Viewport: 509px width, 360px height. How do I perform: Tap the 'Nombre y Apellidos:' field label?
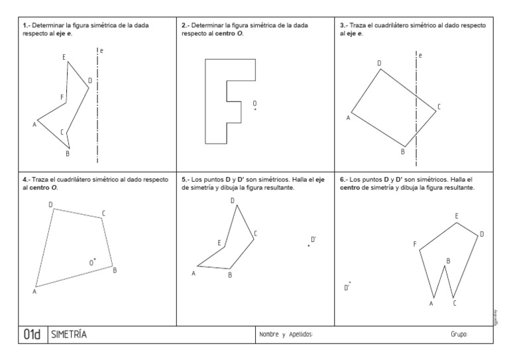click(286, 335)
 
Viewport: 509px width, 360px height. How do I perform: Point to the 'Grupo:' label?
click(459, 335)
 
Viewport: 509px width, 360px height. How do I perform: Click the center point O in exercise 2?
click(255, 109)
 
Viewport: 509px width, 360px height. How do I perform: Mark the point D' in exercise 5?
click(309, 246)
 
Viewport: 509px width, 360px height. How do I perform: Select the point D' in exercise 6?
click(350, 283)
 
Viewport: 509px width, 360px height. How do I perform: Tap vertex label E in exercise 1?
click(64, 57)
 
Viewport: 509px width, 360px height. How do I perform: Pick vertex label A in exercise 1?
click(34, 124)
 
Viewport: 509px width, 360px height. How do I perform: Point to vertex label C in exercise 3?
click(439, 107)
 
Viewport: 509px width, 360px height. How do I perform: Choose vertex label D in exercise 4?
click(50, 204)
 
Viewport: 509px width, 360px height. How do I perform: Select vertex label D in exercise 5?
click(232, 200)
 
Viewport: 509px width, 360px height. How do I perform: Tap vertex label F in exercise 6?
click(415, 245)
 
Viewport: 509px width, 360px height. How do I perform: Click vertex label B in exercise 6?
click(448, 261)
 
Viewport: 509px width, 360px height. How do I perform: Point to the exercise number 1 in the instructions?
click(25, 25)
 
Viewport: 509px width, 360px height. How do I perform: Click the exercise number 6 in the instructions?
click(342, 179)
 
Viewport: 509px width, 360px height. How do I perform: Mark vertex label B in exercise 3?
click(402, 152)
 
